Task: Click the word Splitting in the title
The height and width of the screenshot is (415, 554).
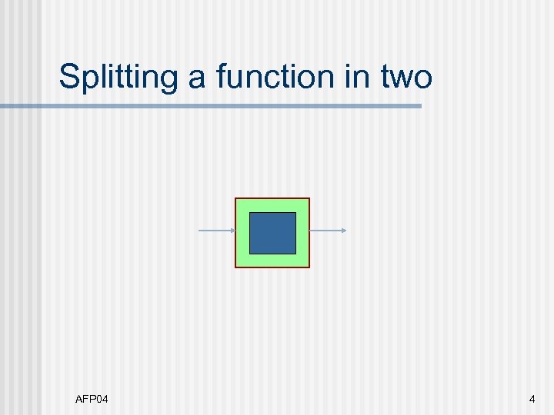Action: [108, 78]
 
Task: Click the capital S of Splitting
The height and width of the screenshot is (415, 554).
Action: [69, 78]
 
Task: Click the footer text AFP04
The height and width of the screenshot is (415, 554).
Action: [92, 399]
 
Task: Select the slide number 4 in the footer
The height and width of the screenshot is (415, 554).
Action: [532, 399]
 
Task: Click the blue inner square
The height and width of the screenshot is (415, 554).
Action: [272, 233]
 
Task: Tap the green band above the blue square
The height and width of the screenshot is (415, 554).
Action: [272, 205]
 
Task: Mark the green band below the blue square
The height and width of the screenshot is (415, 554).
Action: [272, 260]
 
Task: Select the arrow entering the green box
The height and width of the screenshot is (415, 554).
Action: [216, 231]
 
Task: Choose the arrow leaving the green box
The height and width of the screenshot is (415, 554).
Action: [327, 231]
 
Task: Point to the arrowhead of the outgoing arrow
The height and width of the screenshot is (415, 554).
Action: [344, 231]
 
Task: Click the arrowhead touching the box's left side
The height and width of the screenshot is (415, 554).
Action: [232, 231]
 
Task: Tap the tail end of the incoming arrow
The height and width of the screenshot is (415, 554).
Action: [200, 231]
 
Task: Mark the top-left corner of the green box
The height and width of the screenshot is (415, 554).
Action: [235, 199]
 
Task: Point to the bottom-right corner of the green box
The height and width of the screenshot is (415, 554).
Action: [309, 267]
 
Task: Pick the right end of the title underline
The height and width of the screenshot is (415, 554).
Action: [420, 106]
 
